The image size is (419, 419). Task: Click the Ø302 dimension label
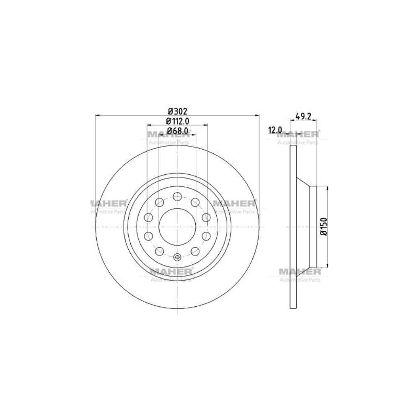(x=177, y=111)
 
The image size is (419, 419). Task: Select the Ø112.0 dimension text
(x=178, y=121)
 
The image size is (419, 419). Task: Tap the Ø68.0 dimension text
(x=178, y=131)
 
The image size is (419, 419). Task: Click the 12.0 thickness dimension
(x=275, y=130)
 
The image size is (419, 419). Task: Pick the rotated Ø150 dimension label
(x=323, y=226)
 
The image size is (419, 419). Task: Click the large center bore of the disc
(x=177, y=227)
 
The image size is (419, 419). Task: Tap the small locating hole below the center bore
(x=177, y=257)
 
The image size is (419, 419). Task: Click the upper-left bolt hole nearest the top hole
(x=160, y=203)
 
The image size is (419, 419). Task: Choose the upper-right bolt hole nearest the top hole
(x=195, y=203)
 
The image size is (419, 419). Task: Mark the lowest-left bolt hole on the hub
(x=160, y=251)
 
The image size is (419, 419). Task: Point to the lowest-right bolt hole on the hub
(x=195, y=251)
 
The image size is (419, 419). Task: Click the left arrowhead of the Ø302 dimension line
(x=98, y=115)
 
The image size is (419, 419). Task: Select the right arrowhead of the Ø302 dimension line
(x=257, y=115)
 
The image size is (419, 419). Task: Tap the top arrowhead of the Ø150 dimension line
(x=327, y=188)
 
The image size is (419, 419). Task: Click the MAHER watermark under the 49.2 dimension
(x=298, y=134)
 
